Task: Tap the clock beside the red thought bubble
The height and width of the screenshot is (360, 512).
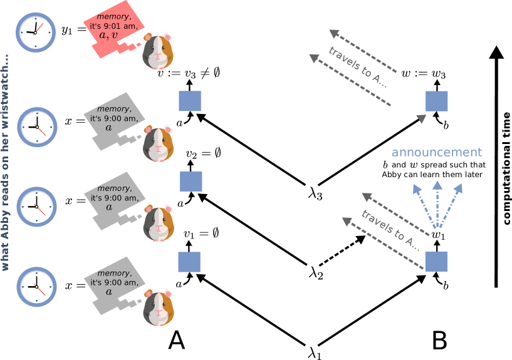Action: tap(36, 32)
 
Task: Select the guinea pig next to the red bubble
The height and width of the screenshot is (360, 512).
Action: tap(157, 51)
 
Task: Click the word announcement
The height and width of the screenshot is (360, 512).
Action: tap(436, 152)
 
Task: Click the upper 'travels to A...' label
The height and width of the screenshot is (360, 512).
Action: tap(358, 66)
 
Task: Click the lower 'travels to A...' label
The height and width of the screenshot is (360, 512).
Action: tap(390, 230)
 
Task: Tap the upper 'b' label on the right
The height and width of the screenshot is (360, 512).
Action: tap(447, 125)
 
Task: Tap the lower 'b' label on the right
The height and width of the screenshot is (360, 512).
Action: tap(447, 285)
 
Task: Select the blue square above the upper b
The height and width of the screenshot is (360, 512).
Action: tap(437, 101)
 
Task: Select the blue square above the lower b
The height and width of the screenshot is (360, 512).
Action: tap(436, 261)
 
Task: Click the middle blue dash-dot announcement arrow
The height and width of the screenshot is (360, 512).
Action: tap(437, 205)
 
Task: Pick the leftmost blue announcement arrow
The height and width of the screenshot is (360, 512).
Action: tap(422, 206)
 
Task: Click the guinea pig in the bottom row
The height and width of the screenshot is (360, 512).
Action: tap(157, 307)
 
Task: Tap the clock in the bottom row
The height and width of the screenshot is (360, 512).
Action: tap(36, 286)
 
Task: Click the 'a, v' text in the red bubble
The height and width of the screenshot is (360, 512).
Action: tap(108, 36)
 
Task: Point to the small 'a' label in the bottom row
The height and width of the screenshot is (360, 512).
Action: tap(179, 285)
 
